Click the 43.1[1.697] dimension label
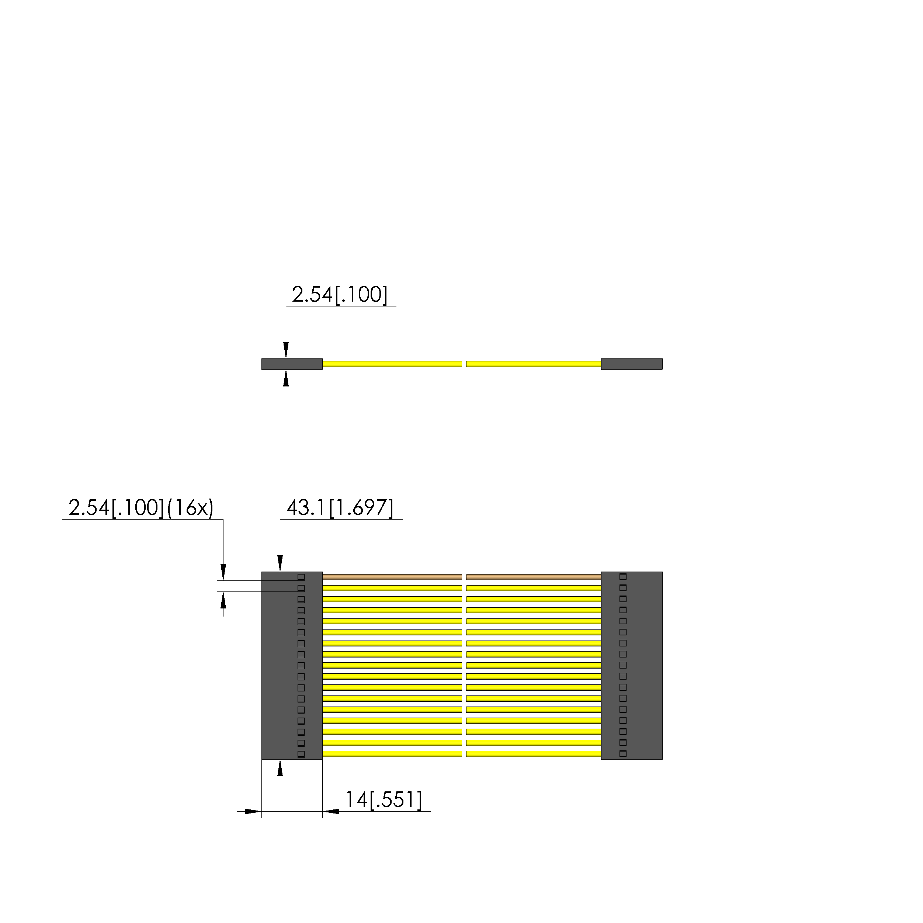point(340,508)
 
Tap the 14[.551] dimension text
point(384,799)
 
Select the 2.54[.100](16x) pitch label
point(141,508)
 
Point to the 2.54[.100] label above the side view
point(340,295)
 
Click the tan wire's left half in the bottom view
point(392,577)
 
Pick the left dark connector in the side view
point(292,364)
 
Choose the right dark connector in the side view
point(632,364)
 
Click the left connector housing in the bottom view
point(292,666)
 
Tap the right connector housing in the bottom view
point(632,666)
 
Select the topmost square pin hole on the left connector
point(301,577)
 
